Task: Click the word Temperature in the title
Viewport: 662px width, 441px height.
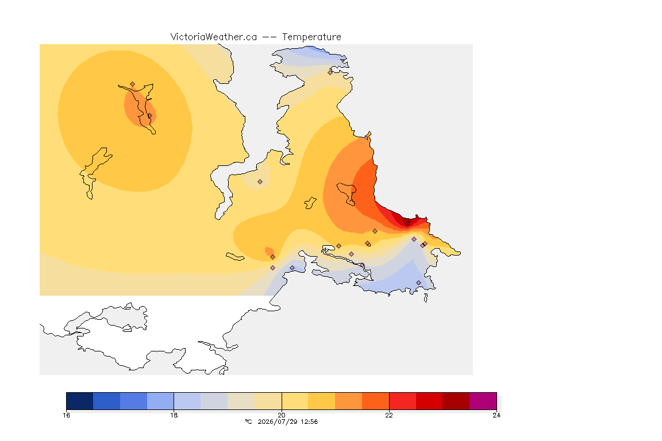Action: coord(311,37)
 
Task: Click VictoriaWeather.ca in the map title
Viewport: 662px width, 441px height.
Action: coord(214,37)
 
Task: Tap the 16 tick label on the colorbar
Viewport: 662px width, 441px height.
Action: coord(66,415)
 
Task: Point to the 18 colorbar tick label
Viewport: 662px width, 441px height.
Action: coord(174,415)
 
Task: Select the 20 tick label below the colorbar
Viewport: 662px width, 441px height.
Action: coord(282,415)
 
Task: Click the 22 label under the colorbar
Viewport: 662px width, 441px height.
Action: coord(389,415)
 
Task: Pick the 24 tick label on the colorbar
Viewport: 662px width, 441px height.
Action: coord(496,415)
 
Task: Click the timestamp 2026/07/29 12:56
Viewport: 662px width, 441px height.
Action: coord(287,421)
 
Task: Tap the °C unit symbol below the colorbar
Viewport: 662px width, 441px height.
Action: coord(248,421)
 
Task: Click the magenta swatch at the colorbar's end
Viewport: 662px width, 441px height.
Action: coord(483,401)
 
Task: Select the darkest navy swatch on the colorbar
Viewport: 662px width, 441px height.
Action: coord(80,401)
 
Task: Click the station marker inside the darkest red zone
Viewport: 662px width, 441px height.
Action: coord(407,224)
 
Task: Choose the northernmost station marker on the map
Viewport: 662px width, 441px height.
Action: coord(330,72)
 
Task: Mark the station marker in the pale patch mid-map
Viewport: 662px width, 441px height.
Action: coord(260,182)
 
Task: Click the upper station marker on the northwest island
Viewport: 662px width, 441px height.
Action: coord(133,84)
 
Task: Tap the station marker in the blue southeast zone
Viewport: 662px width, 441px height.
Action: coord(418,283)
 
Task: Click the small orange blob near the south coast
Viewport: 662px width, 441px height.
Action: coord(268,252)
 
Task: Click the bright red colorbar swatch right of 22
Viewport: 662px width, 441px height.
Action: coord(402,401)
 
